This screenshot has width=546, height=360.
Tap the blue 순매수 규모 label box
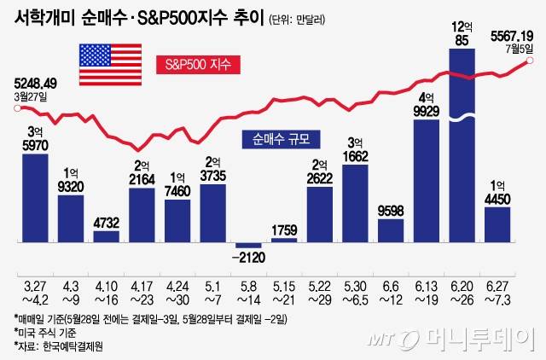pyautogui.click(x=280, y=137)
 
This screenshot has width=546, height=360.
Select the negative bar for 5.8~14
pyautogui.click(x=248, y=246)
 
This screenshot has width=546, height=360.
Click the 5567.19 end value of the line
pyautogui.click(x=513, y=36)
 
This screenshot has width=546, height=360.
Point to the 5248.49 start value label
pyautogui.click(x=35, y=84)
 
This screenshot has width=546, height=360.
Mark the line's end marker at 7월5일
pyautogui.click(x=530, y=61)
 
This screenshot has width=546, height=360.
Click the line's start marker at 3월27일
pyautogui.click(x=17, y=107)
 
